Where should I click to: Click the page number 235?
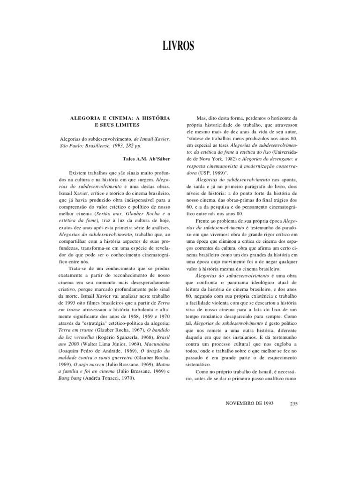[x=294, y=404]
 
